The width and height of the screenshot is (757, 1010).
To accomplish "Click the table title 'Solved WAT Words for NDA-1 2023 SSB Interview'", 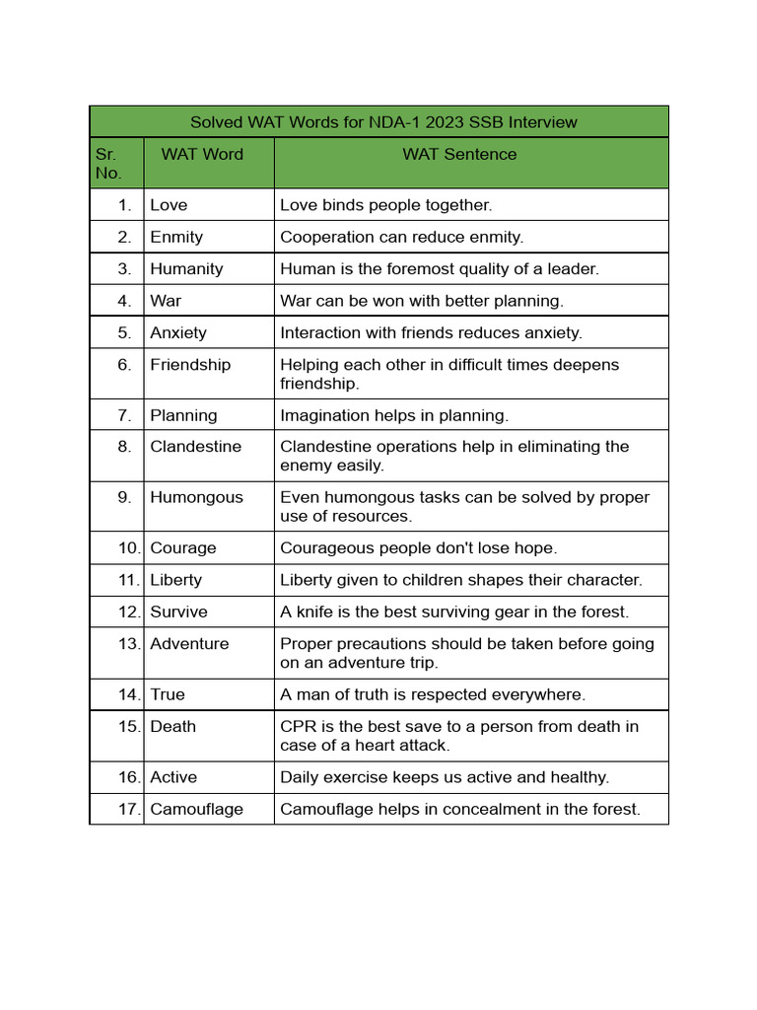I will point(382,122).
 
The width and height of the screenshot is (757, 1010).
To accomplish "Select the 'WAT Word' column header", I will point(202,154).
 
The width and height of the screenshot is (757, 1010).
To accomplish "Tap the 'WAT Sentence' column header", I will point(458,154).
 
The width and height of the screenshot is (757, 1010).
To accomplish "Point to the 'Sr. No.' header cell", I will point(109,164).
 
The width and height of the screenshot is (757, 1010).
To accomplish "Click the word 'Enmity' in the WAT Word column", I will point(176,237).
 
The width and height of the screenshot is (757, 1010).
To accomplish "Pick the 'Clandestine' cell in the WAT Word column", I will point(195,447).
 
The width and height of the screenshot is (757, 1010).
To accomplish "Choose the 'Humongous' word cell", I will point(196,497).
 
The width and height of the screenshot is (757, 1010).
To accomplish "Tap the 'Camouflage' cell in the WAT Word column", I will point(196,809).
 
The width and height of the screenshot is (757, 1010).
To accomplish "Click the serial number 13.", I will point(129,644).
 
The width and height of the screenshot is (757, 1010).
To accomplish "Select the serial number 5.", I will point(124,332).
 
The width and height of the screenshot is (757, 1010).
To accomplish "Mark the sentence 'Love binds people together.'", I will point(385,205).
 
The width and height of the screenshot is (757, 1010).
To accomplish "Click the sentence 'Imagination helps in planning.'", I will point(394,415).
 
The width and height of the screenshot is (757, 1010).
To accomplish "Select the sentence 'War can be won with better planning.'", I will point(422,301).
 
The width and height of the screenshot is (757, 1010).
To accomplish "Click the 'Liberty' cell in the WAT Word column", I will point(175,580).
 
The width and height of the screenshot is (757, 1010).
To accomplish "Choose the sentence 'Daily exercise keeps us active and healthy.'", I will point(445,777).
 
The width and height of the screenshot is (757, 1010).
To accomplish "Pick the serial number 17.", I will point(129,809).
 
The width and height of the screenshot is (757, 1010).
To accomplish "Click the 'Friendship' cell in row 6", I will point(190,365).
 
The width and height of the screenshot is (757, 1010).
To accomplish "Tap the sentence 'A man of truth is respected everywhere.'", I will point(433,694).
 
